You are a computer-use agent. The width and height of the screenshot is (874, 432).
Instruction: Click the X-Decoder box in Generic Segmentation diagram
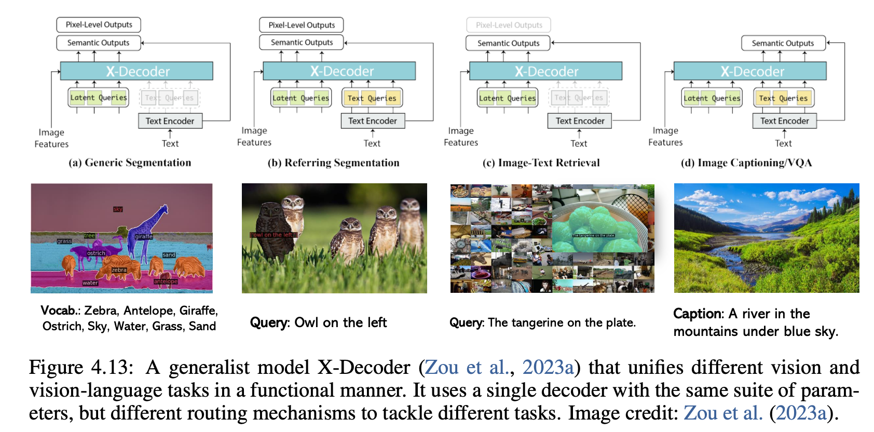pyautogui.click(x=136, y=71)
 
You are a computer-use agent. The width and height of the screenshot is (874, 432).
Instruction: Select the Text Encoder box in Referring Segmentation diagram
pyautogui.click(x=373, y=121)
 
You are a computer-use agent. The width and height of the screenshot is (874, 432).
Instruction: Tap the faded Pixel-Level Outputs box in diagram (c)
pyautogui.click(x=509, y=25)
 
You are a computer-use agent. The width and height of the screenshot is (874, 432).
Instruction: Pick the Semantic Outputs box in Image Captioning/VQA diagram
pyautogui.click(x=783, y=43)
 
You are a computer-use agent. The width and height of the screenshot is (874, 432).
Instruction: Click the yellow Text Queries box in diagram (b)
pyautogui.click(x=372, y=98)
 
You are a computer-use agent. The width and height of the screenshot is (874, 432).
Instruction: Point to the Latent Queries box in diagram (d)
pyautogui.click(x=712, y=98)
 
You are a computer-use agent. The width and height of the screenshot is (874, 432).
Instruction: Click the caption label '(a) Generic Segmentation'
pyautogui.click(x=130, y=163)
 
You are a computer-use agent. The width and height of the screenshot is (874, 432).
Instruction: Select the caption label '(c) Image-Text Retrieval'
pyautogui.click(x=541, y=163)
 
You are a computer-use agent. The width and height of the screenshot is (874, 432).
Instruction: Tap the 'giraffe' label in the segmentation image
pyautogui.click(x=144, y=237)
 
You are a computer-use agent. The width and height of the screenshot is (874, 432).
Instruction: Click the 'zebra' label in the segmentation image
pyautogui.click(x=119, y=270)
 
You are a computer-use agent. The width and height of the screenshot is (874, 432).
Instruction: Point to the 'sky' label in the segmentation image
pyautogui.click(x=118, y=209)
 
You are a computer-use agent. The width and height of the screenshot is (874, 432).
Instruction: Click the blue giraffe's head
pyautogui.click(x=163, y=210)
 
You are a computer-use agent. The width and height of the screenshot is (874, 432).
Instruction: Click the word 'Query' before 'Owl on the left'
pyautogui.click(x=269, y=323)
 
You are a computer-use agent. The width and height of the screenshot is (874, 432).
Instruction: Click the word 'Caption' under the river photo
pyautogui.click(x=698, y=314)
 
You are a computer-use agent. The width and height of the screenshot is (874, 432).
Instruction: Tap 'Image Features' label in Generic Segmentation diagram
pyautogui.click(x=51, y=138)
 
